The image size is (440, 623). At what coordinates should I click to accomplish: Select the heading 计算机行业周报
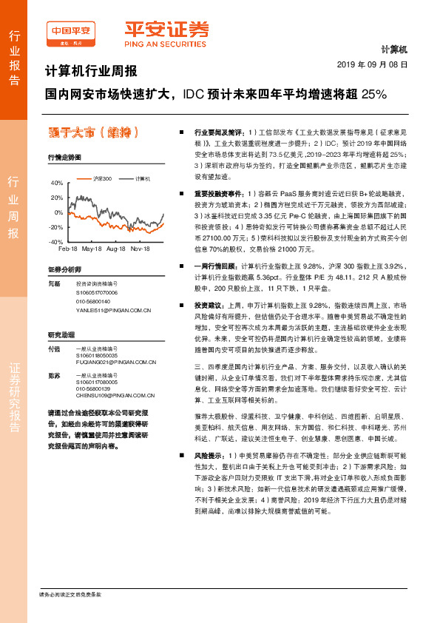click(x=92, y=72)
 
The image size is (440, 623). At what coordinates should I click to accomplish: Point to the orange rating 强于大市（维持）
click(x=92, y=132)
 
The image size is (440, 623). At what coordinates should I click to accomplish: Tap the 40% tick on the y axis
click(x=57, y=182)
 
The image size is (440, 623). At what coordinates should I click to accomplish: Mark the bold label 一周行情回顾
click(x=214, y=265)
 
